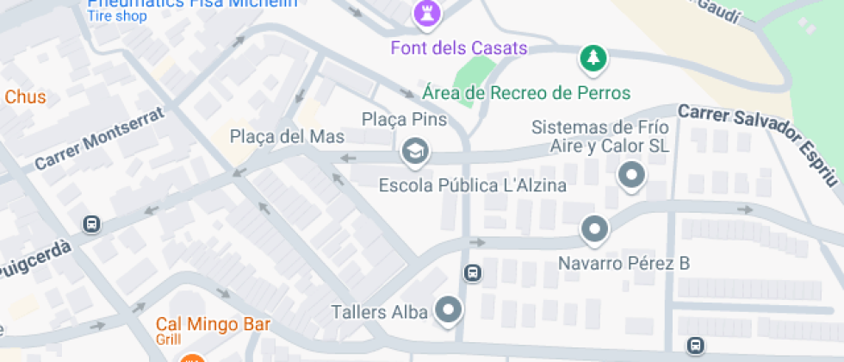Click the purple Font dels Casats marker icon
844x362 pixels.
click(425, 13)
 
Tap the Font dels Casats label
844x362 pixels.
click(458, 47)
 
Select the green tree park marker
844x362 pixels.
click(593, 59)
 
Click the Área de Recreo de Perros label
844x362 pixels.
click(526, 92)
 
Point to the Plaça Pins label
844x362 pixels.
click(404, 119)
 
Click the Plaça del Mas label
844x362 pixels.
click(287, 136)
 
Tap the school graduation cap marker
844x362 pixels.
click(416, 152)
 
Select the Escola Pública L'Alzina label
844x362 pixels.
click(473, 185)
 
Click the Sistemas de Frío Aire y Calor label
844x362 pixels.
click(599, 136)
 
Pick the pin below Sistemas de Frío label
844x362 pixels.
click(632, 176)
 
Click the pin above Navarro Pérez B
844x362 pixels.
click(594, 229)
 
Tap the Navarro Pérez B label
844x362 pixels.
click(624, 263)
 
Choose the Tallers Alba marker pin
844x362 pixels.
click(448, 309)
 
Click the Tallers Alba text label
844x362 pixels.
click(380, 311)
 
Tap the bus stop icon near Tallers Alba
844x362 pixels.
click(472, 273)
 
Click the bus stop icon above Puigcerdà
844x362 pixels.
click(90, 224)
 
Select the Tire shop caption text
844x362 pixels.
click(117, 16)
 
